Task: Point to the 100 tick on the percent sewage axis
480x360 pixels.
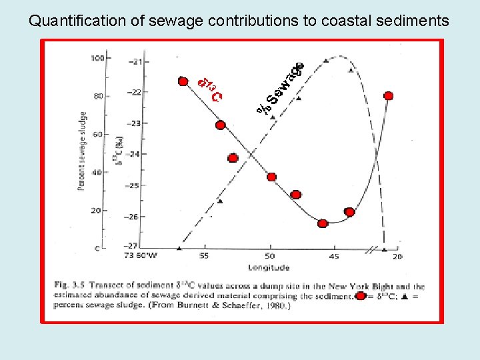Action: coord(97,58)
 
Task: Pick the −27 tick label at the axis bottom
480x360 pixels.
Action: coord(133,246)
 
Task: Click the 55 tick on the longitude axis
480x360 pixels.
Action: coord(203,256)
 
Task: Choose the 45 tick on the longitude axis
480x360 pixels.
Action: coord(333,256)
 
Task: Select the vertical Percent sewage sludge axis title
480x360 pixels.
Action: coord(82,151)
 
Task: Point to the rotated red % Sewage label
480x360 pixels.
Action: coord(281,87)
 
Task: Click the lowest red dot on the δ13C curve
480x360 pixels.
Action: coord(323,224)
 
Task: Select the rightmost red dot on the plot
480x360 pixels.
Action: coord(389,96)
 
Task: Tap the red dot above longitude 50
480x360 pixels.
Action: coord(271,177)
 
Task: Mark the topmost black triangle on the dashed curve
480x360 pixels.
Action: coord(325,61)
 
